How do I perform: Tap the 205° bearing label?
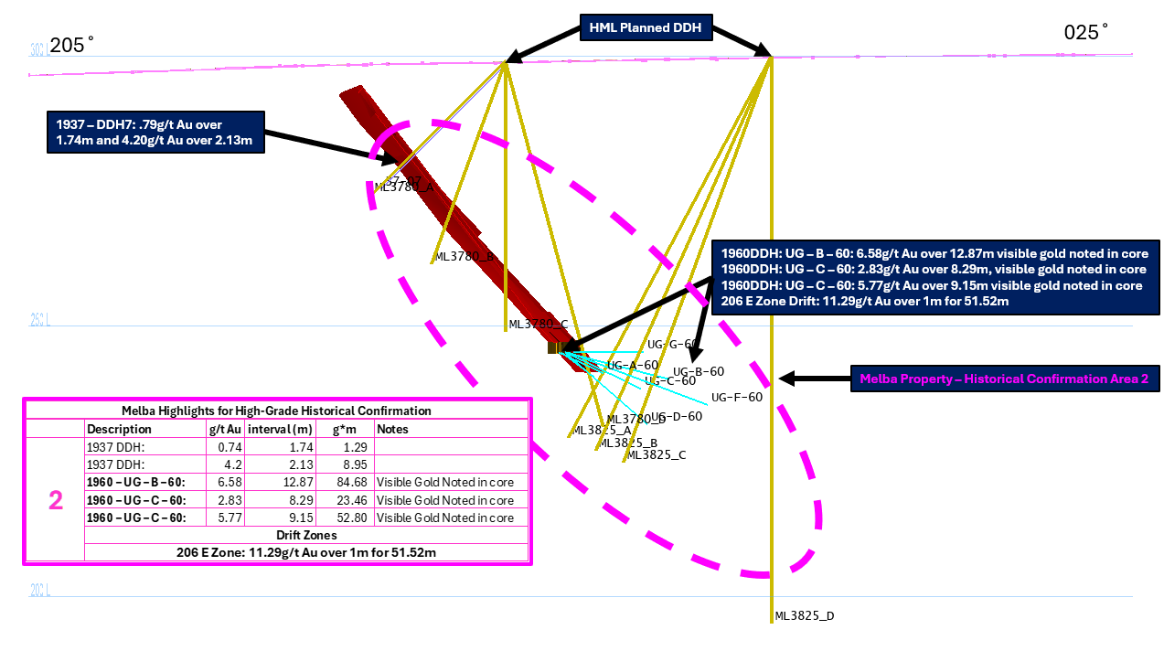72,44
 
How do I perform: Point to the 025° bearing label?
1086,33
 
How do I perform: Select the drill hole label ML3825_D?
805,616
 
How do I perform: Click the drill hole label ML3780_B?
465,257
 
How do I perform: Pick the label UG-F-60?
736,398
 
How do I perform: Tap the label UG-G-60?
673,345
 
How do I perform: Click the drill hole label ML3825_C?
657,454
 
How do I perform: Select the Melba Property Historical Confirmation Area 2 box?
1003,378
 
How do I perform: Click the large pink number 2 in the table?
56,500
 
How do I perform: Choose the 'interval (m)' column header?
282,429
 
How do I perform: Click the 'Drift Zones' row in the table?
305,535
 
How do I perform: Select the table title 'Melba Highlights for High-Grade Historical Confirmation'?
276,411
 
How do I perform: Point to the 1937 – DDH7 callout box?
155,132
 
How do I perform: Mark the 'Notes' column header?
391,429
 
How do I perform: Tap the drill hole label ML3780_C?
539,325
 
